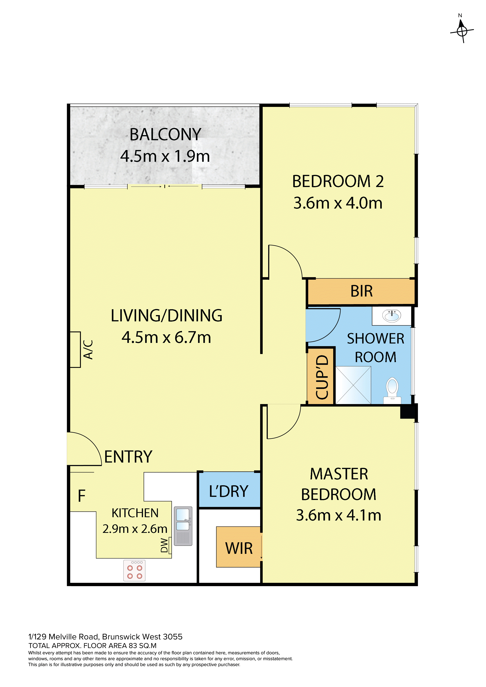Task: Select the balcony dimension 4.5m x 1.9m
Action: [x=165, y=156]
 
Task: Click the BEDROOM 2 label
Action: [x=338, y=181]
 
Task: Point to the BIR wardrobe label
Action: [x=361, y=291]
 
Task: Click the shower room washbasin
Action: [x=391, y=316]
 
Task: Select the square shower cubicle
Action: [x=353, y=385]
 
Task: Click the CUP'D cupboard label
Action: [x=322, y=377]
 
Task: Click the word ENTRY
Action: [x=128, y=457]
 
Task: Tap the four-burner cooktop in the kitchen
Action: [x=134, y=571]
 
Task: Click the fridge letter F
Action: [x=81, y=496]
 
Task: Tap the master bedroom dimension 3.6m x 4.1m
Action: [x=339, y=515]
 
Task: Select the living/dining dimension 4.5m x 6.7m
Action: [x=166, y=337]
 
